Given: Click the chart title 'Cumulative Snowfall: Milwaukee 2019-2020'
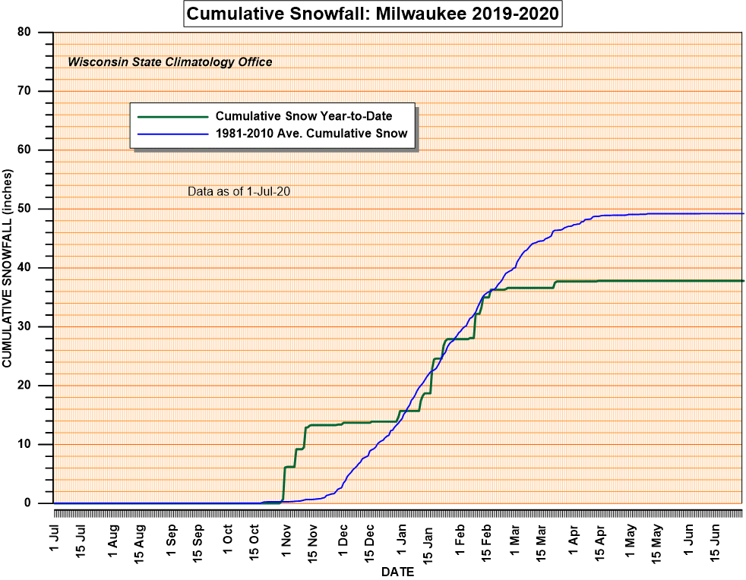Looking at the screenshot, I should click(373, 14).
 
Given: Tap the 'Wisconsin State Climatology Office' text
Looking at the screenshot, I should click(170, 62).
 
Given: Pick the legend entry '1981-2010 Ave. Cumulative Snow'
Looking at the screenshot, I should click(311, 134).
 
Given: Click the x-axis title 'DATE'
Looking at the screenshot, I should click(397, 572).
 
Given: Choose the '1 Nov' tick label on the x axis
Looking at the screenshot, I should click(286, 537).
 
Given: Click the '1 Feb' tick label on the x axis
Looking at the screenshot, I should click(460, 537).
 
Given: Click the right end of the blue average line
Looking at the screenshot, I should click(741, 213).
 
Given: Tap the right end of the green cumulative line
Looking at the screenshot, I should click(741, 281).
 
